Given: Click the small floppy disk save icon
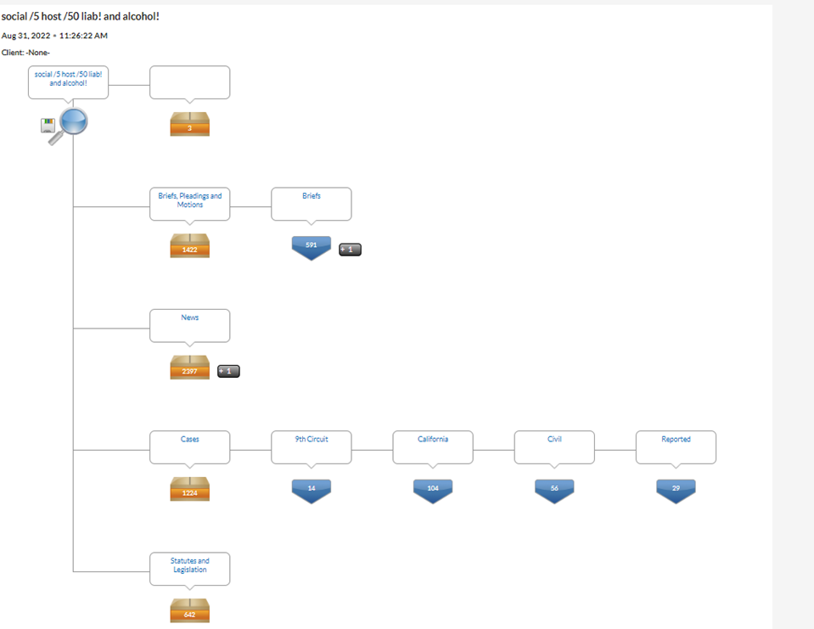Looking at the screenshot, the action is [x=48, y=125].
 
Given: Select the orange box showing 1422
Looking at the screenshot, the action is [x=190, y=245].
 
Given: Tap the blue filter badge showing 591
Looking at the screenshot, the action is [x=312, y=248].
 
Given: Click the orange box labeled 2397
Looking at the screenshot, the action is [x=190, y=367].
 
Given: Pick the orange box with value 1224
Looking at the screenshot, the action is [x=190, y=489].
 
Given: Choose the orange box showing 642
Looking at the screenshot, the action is [x=190, y=610].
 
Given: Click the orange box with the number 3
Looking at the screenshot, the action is [x=190, y=124].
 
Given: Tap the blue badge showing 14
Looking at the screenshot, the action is [x=312, y=491].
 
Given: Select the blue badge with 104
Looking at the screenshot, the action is [x=433, y=491].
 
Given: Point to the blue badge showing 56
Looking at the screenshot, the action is [x=554, y=491].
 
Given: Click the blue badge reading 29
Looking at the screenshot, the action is [x=676, y=491].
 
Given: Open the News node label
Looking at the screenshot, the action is [x=190, y=317].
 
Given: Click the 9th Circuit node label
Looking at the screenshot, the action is [x=312, y=439].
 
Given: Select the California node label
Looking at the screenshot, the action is [x=433, y=439].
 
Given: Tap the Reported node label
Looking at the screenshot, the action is [x=676, y=439].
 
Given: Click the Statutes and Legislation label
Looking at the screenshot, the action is [x=190, y=565].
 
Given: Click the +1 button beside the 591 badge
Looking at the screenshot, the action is [x=351, y=250].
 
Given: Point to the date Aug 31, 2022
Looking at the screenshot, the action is [x=26, y=36].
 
